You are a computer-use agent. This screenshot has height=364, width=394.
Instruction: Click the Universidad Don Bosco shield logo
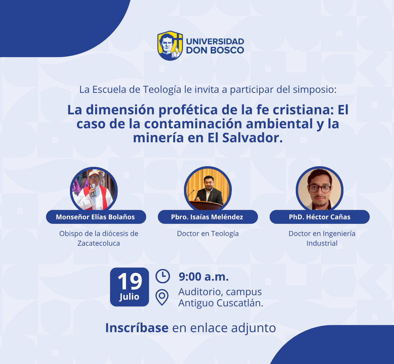coord(170,45)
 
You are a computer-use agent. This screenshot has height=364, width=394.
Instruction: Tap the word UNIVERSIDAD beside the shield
coord(215,42)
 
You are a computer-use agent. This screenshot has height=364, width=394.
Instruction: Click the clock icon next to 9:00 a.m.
coord(163,276)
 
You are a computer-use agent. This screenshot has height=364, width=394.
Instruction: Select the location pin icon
coord(162,297)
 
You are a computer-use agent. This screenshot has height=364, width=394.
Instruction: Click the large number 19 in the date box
coord(130,281)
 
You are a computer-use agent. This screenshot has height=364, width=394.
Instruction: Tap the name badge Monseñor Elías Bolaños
coord(96,217)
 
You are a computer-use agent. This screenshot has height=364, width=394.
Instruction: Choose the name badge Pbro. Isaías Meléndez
coord(208,217)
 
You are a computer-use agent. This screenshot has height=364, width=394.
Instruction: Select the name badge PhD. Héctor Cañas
coord(319,217)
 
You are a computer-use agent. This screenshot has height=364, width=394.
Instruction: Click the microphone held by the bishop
coord(93,190)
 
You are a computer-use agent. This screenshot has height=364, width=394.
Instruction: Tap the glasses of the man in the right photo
coord(320,188)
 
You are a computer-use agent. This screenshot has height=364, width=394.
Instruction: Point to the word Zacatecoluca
coord(98,243)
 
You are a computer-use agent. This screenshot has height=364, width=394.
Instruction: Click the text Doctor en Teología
coord(208,234)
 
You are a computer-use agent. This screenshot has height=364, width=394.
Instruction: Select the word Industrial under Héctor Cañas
coord(322,243)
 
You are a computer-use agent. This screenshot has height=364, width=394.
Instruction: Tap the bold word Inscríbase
coord(137,328)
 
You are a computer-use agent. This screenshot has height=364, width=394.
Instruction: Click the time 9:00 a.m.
coord(204,277)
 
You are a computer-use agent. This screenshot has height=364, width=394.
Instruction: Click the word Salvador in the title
coord(252,138)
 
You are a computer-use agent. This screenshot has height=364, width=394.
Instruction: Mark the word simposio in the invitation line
coord(315,90)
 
